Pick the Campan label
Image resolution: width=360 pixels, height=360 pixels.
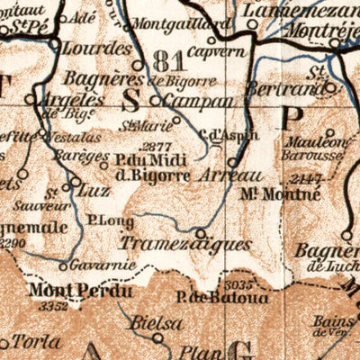click(x=194, y=101)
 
